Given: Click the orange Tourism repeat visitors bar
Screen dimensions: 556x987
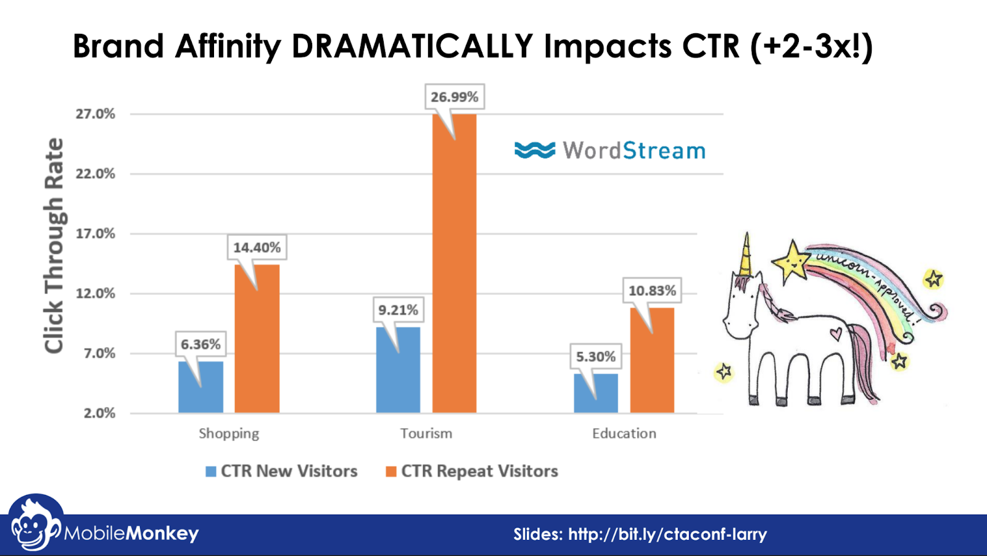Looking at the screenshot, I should (x=454, y=265).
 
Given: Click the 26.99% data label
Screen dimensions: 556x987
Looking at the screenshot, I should (x=455, y=97).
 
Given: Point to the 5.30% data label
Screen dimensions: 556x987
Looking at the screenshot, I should (x=595, y=357).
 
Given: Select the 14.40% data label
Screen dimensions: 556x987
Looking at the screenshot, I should (x=257, y=247).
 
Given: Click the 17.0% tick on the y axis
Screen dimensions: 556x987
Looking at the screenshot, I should (x=96, y=234).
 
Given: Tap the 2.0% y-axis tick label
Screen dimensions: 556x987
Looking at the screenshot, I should (x=99, y=413).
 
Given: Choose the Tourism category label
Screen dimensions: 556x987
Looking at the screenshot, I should (x=426, y=433).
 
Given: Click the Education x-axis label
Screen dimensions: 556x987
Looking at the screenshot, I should (x=624, y=433).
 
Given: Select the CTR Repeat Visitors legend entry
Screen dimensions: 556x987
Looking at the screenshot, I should (x=472, y=471).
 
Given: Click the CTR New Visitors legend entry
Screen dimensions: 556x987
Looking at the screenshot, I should (x=281, y=471).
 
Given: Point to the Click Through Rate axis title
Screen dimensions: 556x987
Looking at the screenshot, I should (x=54, y=246).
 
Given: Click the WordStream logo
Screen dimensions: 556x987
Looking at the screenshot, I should (x=609, y=151).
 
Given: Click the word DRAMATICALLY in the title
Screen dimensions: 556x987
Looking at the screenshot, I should (x=412, y=46).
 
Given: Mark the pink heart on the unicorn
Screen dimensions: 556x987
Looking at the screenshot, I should (x=835, y=334).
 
